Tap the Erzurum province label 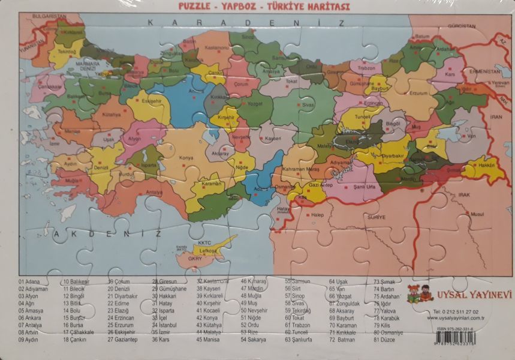tap(418, 93)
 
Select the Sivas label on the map tap(308, 104)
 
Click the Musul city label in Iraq tap(477, 214)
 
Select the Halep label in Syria tap(317, 214)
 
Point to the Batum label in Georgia tap(423, 36)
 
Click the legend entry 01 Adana tap(29, 281)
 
